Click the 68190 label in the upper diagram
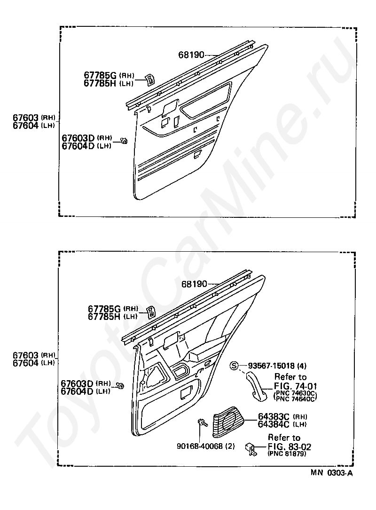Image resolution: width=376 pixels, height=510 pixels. pyautogui.click(x=191, y=55)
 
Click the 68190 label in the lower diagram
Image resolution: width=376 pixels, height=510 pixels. pyautogui.click(x=194, y=284)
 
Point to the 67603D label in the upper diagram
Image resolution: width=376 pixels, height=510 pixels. pyautogui.click(x=78, y=138)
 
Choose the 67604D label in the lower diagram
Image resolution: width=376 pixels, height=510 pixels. pyautogui.click(x=78, y=391)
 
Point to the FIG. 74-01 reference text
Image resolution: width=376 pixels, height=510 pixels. pyautogui.click(x=295, y=386)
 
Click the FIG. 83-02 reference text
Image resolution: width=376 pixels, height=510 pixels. pyautogui.click(x=289, y=446)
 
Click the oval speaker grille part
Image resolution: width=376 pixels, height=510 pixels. pyautogui.click(x=230, y=420)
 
